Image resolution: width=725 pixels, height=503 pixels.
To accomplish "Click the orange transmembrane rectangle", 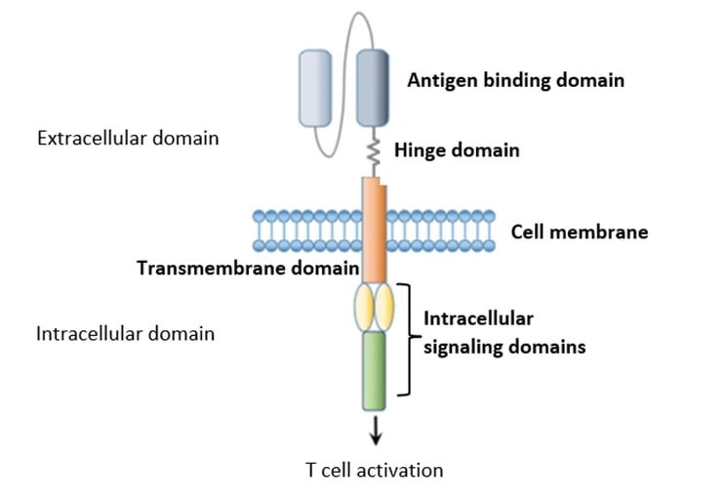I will point(374,230).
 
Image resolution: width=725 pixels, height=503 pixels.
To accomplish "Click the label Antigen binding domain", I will point(515,80).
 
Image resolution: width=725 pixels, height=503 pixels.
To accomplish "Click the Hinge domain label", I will point(457,150).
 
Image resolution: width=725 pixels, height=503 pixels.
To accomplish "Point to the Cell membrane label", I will point(579,232).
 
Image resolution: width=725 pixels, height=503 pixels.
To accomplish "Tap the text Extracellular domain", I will point(127,138).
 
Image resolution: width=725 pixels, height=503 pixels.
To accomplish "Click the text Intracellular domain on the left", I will point(125,334).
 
